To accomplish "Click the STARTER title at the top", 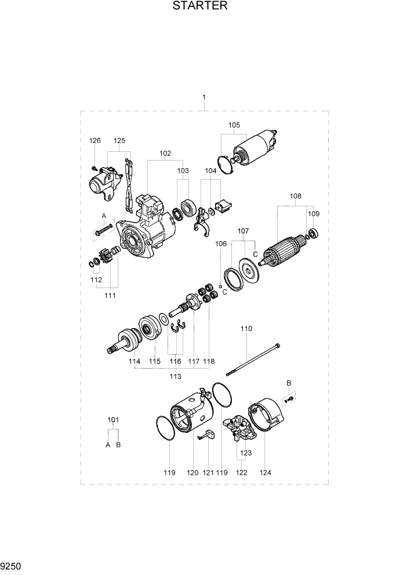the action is point(200,6).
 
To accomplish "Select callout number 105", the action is point(234,125).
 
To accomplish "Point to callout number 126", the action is point(95,140).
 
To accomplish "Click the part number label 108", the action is point(296,196).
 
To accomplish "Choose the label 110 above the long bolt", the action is point(246,329).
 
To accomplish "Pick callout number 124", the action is point(265,472).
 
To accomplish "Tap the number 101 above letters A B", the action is point(113,420).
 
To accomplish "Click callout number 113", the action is point(175,376).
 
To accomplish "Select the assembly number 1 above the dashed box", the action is point(204,97).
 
